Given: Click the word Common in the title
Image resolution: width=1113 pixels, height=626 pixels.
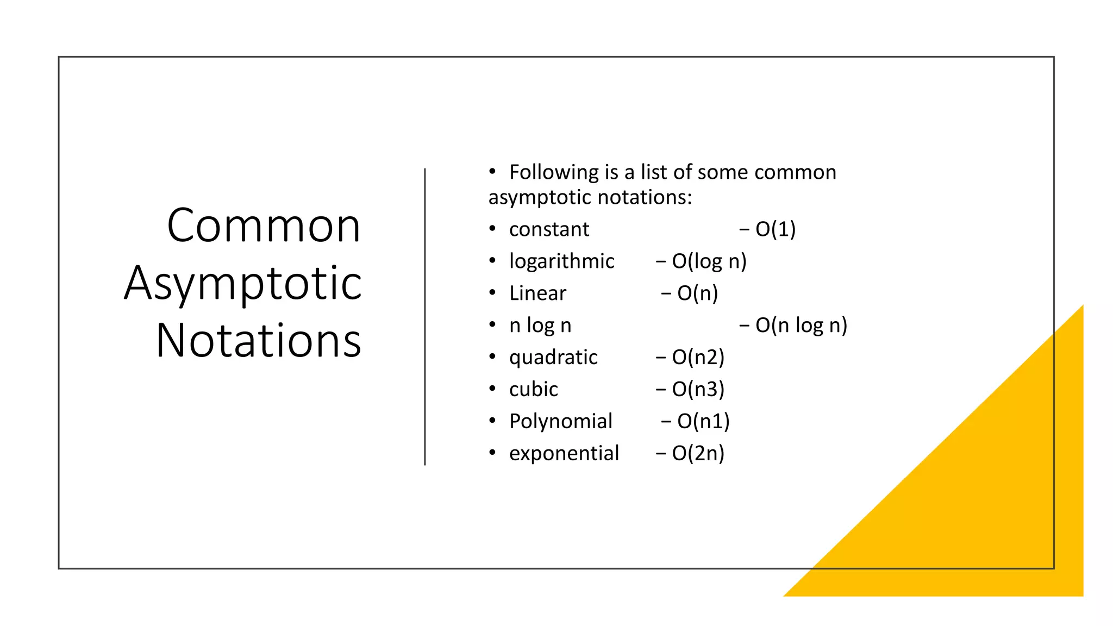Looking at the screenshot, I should coord(264,226).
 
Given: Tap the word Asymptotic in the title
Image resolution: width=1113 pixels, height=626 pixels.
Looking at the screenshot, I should coord(243,284).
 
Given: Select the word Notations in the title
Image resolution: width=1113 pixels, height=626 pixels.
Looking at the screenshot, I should coord(259,341).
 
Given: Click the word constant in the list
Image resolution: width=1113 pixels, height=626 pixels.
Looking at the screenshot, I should coord(549,229).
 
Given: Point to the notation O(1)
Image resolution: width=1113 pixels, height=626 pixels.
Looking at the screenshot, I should coord(775,229).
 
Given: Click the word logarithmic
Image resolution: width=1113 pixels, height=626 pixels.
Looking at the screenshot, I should coord(561,261).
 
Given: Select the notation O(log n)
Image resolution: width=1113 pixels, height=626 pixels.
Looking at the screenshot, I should coord(709,261).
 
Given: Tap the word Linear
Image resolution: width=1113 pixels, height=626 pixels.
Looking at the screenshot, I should coord(537,293).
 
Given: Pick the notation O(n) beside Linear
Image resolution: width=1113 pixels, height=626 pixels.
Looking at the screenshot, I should coord(697,293).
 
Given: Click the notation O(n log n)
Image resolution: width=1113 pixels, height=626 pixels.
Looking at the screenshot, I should coord(801,325).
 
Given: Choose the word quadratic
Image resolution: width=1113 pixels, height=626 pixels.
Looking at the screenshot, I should coord(553,358).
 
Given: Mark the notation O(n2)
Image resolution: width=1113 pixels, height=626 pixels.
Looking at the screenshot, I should coord(698,358).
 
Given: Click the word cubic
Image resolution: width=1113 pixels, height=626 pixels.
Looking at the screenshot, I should coord(533,390).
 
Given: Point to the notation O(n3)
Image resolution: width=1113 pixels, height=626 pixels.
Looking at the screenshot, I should coord(698,390).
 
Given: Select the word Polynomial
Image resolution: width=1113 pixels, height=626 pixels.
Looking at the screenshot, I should coord(560,422).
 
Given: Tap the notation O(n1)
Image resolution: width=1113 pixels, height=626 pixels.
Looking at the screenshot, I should coord(703,422).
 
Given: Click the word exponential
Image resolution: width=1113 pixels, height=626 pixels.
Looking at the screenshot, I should coord(564,454).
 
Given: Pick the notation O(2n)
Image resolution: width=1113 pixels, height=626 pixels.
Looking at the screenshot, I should coord(698,454).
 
